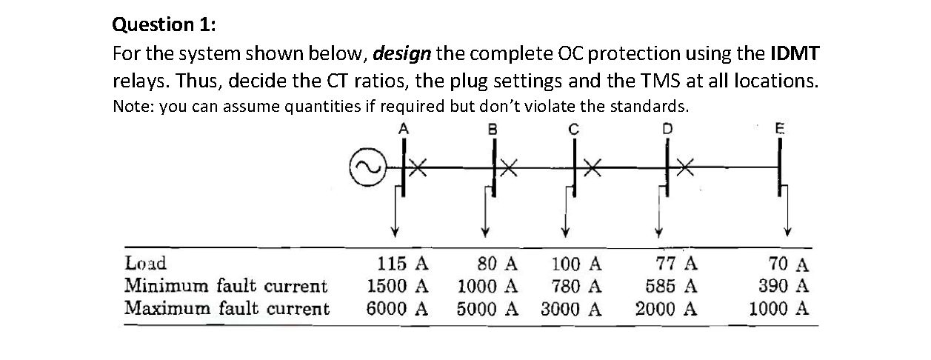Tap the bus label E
(778, 127)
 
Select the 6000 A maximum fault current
(398, 308)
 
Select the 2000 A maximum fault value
(667, 308)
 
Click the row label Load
(145, 264)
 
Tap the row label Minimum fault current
(225, 286)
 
